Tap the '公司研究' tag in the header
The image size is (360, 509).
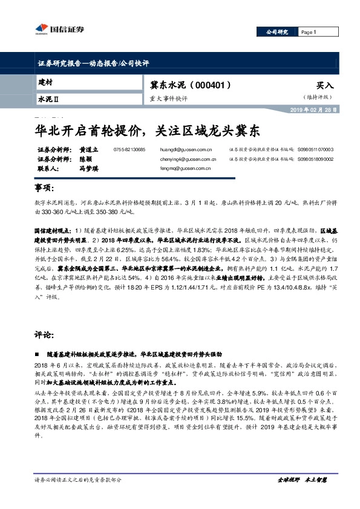[278, 32]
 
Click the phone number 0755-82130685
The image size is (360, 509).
[129, 149]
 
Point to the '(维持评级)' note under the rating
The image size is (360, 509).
[318, 97]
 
